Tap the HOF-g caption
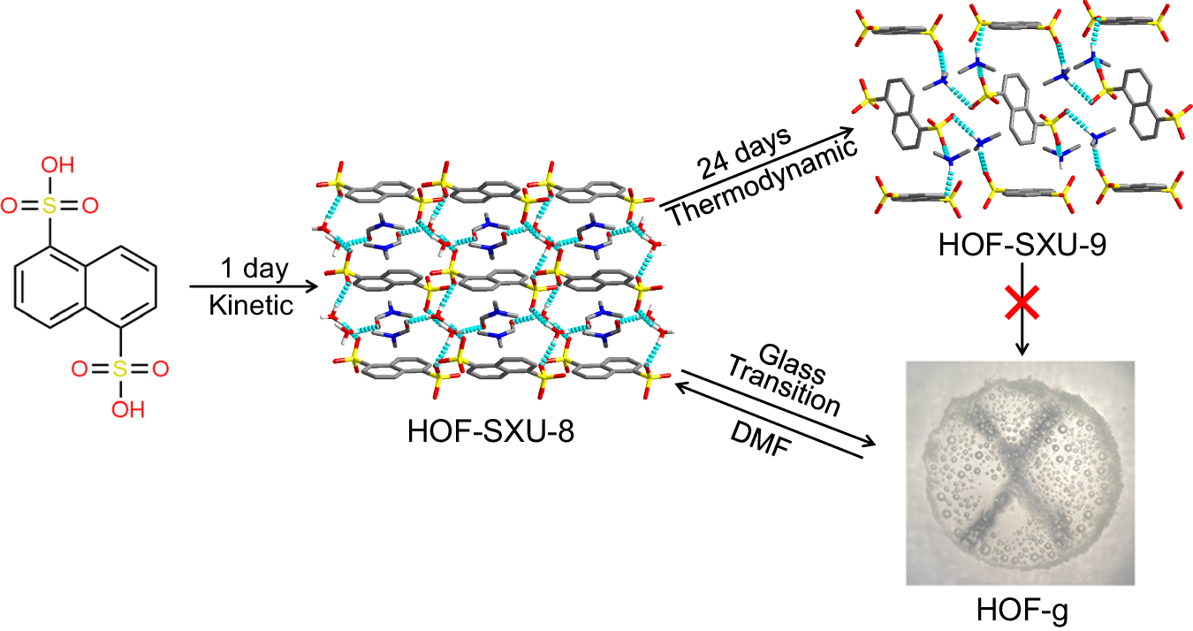pyautogui.click(x=1023, y=611)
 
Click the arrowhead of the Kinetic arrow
pyautogui.click(x=312, y=286)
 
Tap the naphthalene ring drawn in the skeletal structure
pyautogui.click(x=86, y=287)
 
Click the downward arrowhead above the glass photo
pyautogui.click(x=1022, y=351)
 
